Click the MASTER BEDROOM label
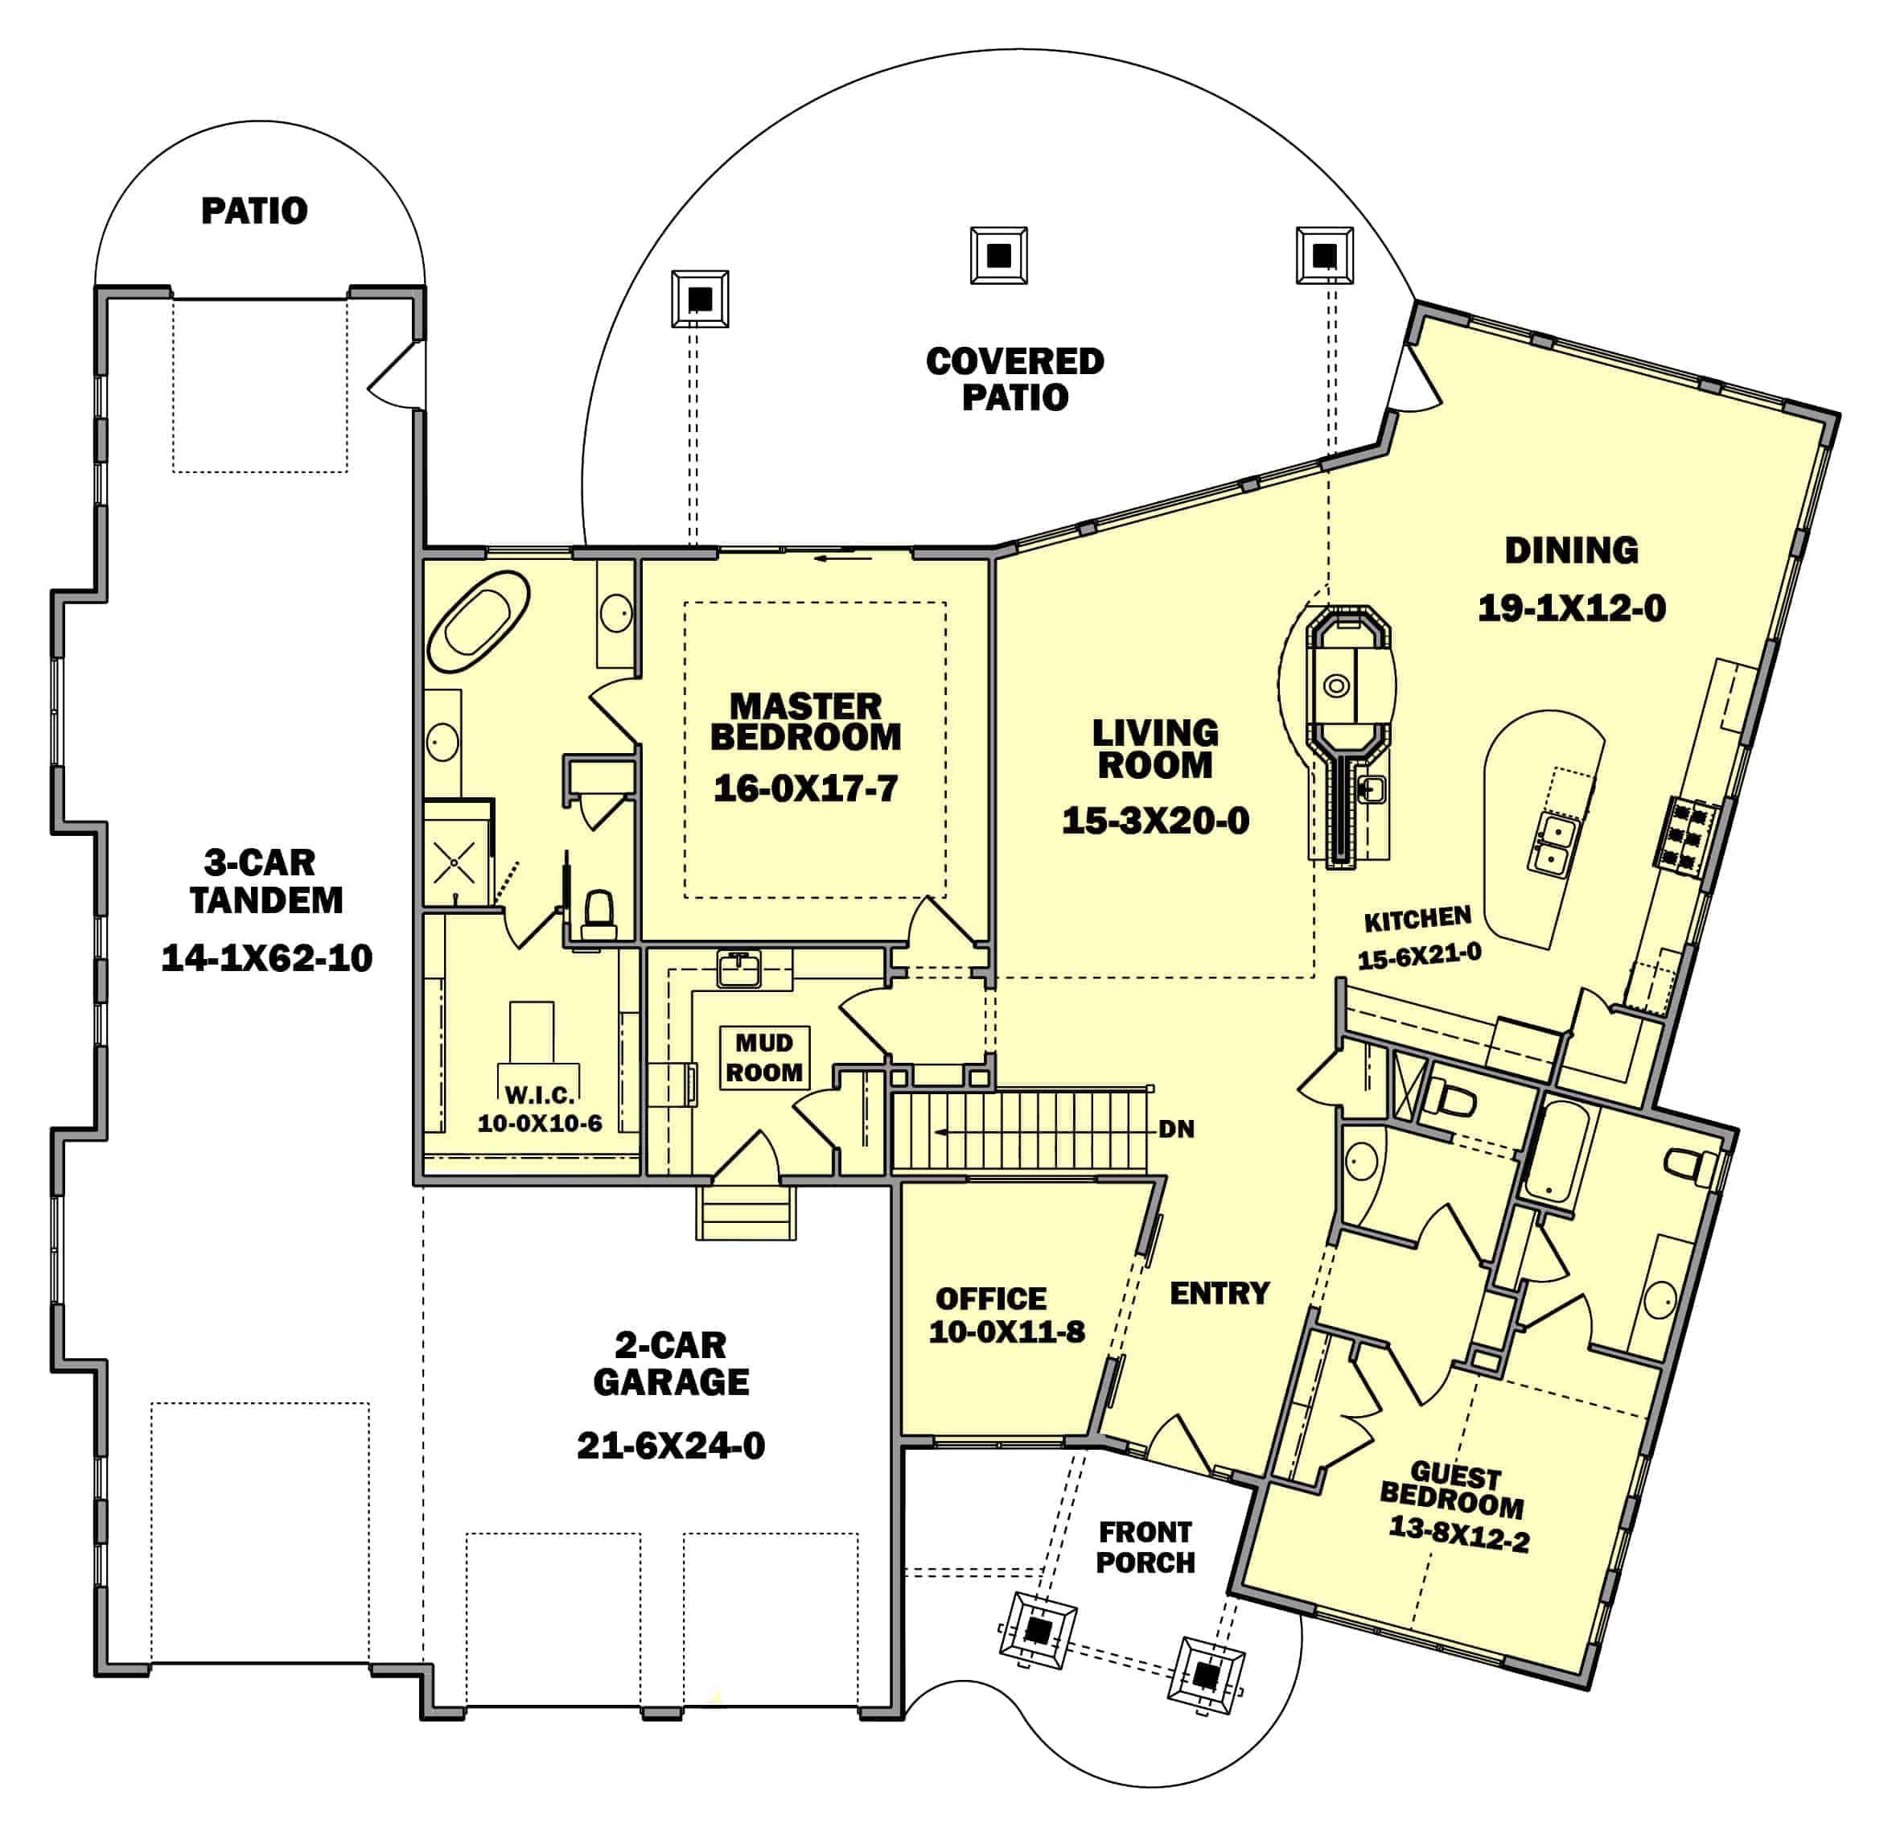pyautogui.click(x=805, y=721)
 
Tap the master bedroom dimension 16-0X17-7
pyautogui.click(x=805, y=788)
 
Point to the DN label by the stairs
pyautogui.click(x=1176, y=1129)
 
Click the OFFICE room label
pyautogui.click(x=990, y=1299)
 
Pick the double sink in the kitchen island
pyautogui.click(x=1553, y=844)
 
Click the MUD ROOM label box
pyautogui.click(x=764, y=1057)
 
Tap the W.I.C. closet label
pyautogui.click(x=540, y=1095)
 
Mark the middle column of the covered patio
pyautogui.click(x=998, y=256)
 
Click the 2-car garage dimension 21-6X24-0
pyautogui.click(x=671, y=1446)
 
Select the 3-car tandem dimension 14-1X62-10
pyautogui.click(x=266, y=957)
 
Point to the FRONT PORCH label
pyautogui.click(x=1145, y=1547)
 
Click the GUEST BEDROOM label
pyautogui.click(x=1453, y=1489)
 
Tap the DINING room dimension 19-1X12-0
pyautogui.click(x=1572, y=608)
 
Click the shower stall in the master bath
pyautogui.click(x=454, y=852)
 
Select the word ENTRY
pyautogui.click(x=1220, y=1294)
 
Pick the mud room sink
pyautogui.click(x=739, y=968)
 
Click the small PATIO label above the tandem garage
pyautogui.click(x=254, y=211)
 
